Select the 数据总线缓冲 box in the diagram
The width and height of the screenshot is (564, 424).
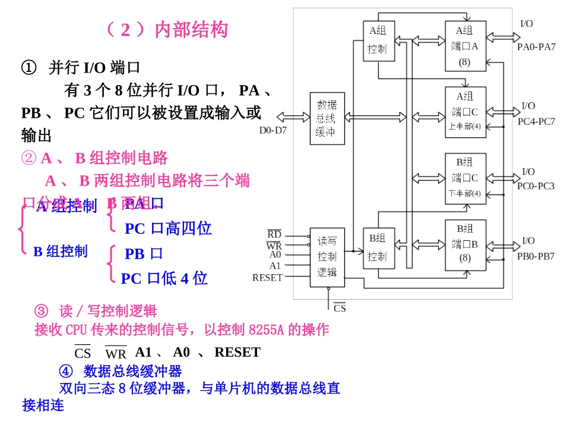coord(327,118)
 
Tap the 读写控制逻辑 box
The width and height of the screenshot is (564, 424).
coord(327,257)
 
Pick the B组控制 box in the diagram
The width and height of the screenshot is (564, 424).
coord(377,247)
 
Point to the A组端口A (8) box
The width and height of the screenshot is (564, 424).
coord(465,46)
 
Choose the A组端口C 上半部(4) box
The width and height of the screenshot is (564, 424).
coord(465,112)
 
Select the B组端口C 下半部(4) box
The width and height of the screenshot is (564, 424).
coord(465,178)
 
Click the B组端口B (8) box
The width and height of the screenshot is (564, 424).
coord(465,244)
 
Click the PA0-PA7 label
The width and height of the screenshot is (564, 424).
coord(536,47)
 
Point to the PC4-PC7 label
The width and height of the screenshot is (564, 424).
coord(536,122)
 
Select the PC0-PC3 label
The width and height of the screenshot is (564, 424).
coord(536,186)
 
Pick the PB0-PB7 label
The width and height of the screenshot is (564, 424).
coord(536,256)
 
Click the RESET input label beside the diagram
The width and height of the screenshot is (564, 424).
coord(267,278)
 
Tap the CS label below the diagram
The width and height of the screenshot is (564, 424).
coord(340,308)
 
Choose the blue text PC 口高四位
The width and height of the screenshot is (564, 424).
coord(168,228)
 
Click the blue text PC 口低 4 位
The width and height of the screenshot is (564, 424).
coord(164,278)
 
